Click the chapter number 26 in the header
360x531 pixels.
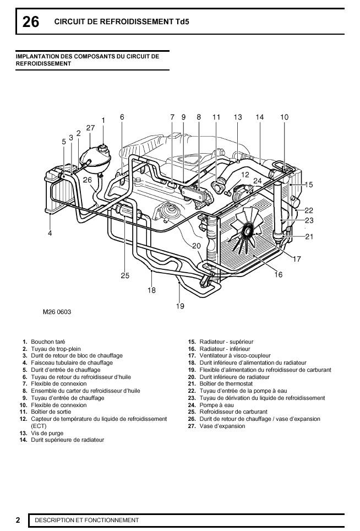pos(31,22)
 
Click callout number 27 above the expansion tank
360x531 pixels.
pos(91,127)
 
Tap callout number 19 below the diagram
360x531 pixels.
pos(180,306)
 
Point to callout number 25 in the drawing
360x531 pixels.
pos(125,275)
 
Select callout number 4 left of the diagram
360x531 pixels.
pos(50,234)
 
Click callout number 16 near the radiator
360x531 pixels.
pos(279,274)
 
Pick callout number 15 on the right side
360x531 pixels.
pos(309,185)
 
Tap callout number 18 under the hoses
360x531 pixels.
pos(151,290)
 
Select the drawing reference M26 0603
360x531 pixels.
pos(57,312)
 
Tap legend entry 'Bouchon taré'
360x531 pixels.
pos(48,342)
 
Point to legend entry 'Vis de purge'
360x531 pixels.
pos(47,433)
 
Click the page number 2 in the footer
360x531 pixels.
pos(18,520)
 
